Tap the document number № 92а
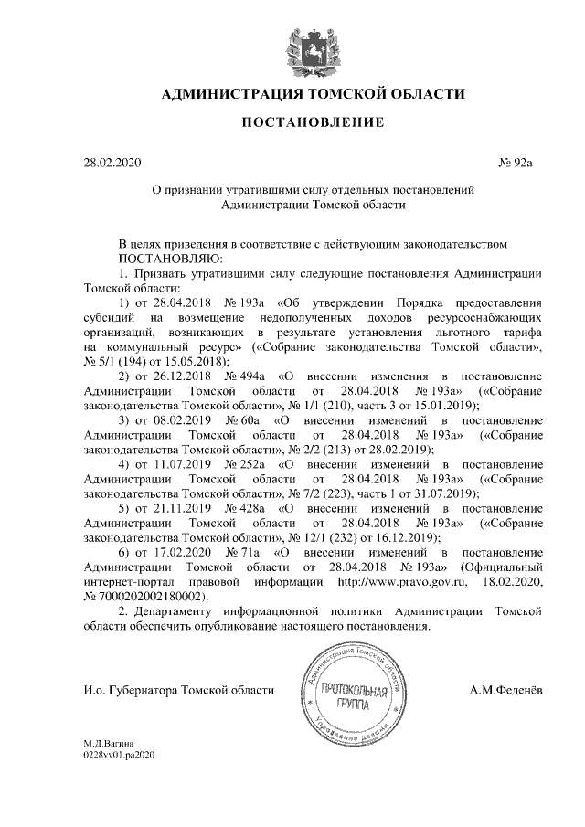tap(515, 164)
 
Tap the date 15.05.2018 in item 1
tap(191, 361)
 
